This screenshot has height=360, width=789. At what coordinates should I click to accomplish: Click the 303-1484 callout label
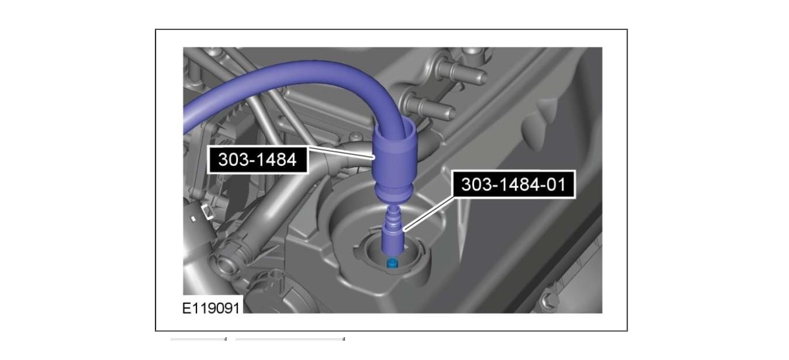(258, 160)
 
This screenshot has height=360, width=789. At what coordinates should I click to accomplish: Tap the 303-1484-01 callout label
(513, 185)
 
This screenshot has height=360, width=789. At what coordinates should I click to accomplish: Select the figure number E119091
(210, 309)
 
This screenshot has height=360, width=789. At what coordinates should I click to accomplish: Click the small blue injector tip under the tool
(392, 263)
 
